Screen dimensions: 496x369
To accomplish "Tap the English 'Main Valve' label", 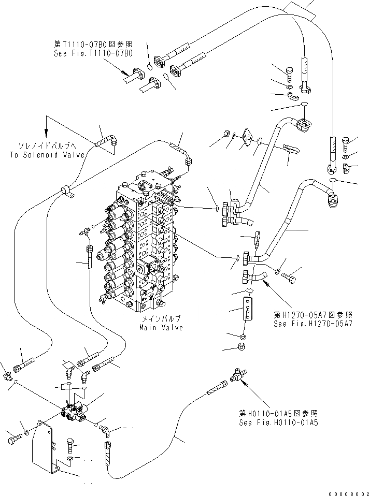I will [161, 328].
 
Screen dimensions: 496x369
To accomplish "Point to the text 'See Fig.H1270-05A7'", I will [314, 324].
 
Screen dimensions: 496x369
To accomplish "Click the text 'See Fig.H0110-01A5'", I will [278, 422].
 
